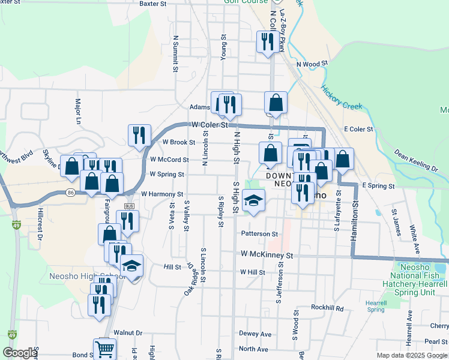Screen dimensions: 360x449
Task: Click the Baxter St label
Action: point(152,4)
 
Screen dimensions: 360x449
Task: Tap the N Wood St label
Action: point(312,63)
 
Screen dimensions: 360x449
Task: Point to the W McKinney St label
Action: point(267,255)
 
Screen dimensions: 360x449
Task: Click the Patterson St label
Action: point(259,233)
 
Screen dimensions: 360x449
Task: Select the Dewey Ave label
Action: point(255,334)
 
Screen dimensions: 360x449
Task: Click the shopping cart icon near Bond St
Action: point(104,349)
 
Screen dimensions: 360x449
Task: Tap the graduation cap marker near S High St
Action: point(254,201)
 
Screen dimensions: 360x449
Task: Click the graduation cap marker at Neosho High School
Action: point(131,265)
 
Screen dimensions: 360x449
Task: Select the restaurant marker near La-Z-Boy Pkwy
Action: point(266,41)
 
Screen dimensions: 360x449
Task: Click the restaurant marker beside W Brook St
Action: point(139,135)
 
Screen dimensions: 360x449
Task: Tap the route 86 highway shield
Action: point(71,193)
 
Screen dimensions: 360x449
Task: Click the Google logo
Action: point(20,353)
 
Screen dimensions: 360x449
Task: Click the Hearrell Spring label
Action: point(376,306)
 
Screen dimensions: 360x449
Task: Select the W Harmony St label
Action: point(162,194)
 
